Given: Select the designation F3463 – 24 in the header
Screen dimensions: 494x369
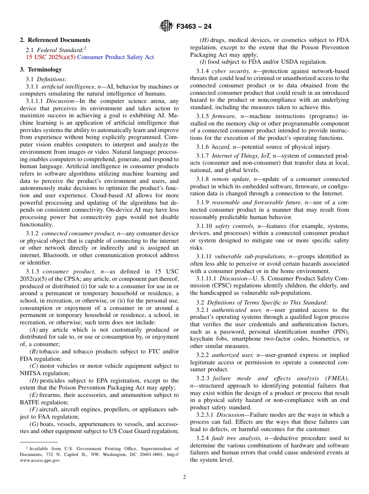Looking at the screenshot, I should point(194,27).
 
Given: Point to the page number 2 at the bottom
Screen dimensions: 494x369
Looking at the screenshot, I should point(184,477).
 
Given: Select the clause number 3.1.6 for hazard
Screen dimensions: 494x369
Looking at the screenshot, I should point(202,146).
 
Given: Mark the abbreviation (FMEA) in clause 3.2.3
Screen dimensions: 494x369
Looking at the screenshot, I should point(338,378).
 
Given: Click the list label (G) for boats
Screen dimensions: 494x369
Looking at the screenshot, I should point(34,424).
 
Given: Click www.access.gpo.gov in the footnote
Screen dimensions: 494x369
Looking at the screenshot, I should point(40,460).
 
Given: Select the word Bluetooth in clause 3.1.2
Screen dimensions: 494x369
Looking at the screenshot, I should point(59,255).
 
